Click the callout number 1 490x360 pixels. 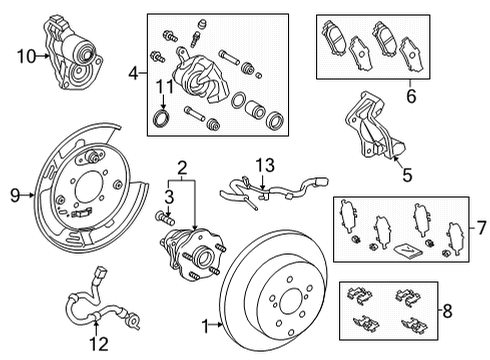205,325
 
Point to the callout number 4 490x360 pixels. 134,73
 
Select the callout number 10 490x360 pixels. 25,57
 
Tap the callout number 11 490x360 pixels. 161,93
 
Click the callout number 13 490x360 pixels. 262,165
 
